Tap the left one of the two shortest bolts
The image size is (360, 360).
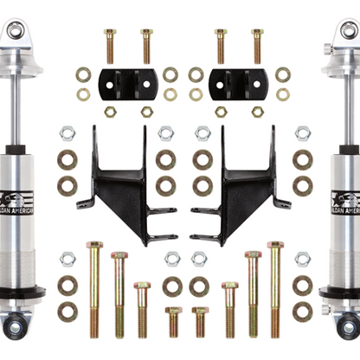pos(174,320)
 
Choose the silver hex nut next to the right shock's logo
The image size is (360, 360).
pos(302,133)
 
